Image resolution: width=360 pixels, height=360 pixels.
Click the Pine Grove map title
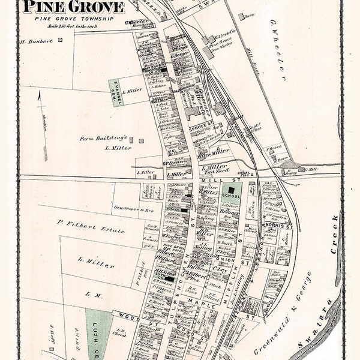tap(74, 7)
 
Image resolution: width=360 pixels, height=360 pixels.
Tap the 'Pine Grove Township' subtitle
tap(74, 19)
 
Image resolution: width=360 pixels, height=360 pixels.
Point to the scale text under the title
tap(74, 27)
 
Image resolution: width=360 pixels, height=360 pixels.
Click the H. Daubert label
tap(36, 41)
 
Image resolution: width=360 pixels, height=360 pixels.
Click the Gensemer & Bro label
tap(126, 208)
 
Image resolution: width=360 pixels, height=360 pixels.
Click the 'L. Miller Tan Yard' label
tap(214, 170)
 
